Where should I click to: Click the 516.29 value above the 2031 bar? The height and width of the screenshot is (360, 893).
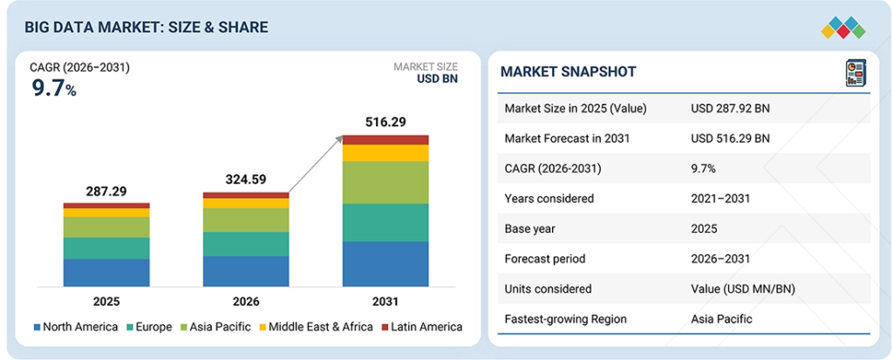[x=385, y=122]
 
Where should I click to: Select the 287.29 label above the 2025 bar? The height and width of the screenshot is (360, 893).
[x=106, y=190]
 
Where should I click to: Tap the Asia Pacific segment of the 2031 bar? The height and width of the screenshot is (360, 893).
[x=385, y=183]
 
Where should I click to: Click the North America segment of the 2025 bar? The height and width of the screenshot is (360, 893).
[x=106, y=272]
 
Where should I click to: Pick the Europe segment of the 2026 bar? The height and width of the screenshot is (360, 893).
[x=245, y=244]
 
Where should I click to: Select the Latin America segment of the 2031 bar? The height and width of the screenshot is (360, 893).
[x=385, y=139]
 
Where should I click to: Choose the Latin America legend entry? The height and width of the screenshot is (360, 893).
[x=422, y=327]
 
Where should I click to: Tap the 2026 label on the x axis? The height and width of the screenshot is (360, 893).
[x=245, y=302]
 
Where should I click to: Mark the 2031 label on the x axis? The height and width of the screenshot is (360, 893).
[x=385, y=302]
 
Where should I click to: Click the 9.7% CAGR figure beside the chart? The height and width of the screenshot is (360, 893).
[x=53, y=88]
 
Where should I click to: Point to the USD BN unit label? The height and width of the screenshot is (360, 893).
[x=438, y=79]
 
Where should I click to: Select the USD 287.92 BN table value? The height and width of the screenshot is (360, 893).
[x=730, y=109]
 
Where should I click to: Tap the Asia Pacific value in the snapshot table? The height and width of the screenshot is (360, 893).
[x=721, y=319]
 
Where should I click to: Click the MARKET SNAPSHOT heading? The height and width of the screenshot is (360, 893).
[x=568, y=71]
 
